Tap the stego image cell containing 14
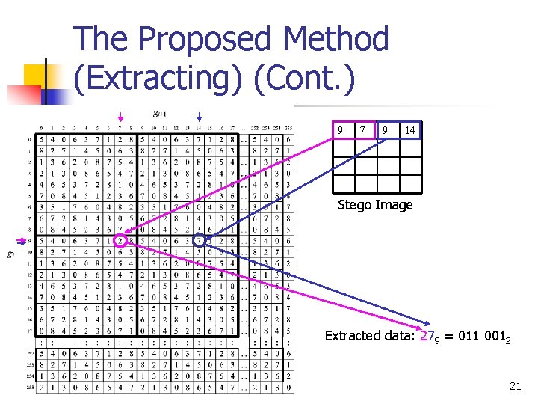[x=410, y=131]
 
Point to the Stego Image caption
[x=375, y=204]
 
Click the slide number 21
[x=514, y=385]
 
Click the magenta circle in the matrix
[x=120, y=241]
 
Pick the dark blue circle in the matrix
[x=200, y=241]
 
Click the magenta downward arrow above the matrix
[x=121, y=117]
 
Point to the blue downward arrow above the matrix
[x=200, y=117]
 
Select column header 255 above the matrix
[x=289, y=128]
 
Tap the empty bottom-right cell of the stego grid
[x=410, y=183]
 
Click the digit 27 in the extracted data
[x=430, y=336]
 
